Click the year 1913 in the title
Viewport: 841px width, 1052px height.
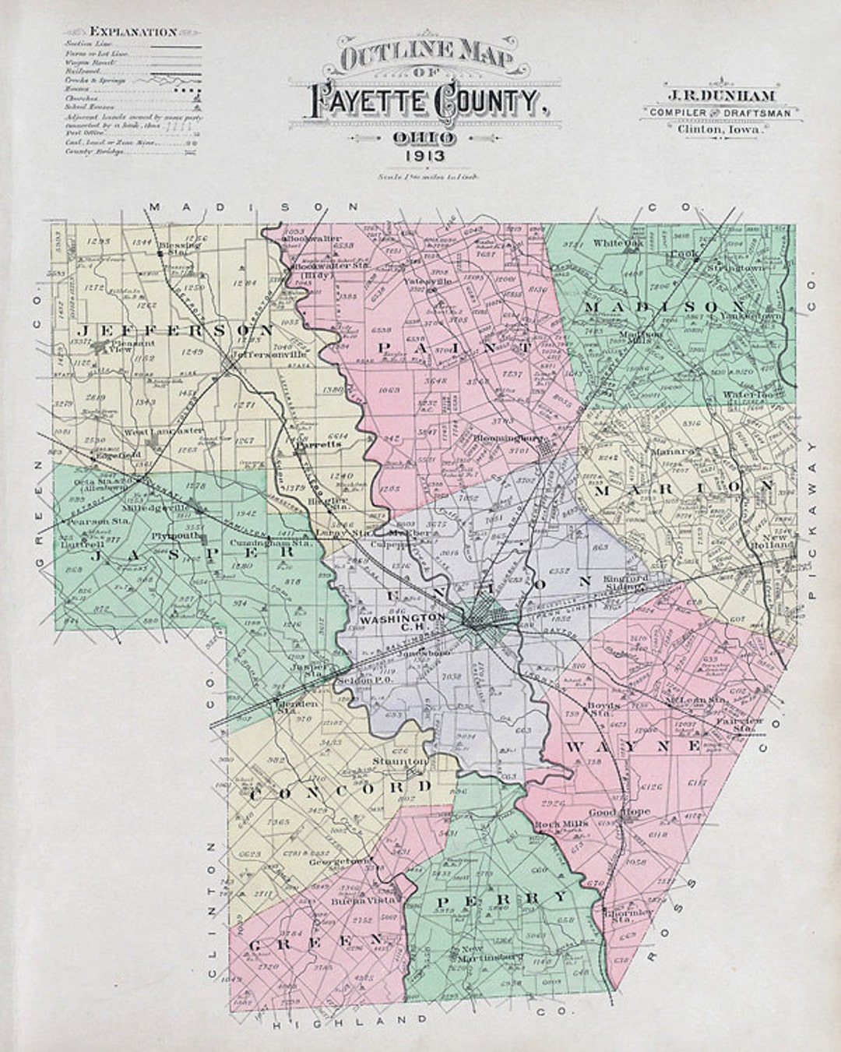pyautogui.click(x=424, y=156)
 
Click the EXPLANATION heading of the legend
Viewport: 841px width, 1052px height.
pyautogui.click(x=134, y=33)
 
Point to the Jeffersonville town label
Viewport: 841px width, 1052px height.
pyautogui.click(x=262, y=351)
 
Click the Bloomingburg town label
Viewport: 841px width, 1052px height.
pyautogui.click(x=507, y=438)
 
